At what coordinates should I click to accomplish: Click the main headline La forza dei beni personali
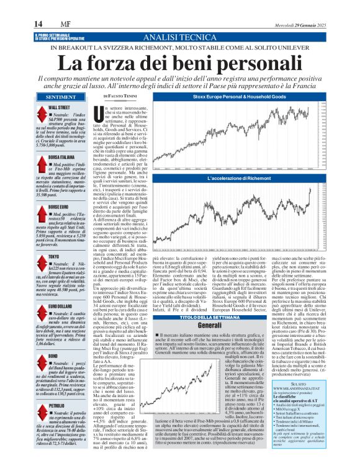coord(179,63)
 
